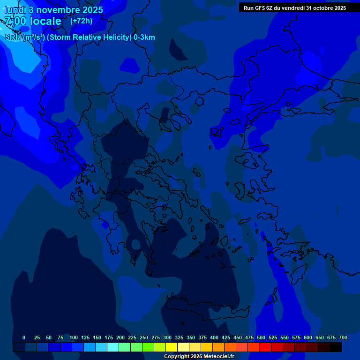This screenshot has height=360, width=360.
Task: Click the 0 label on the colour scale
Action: pyautogui.click(x=24, y=337)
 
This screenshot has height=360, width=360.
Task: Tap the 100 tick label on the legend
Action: pyautogui.click(x=74, y=337)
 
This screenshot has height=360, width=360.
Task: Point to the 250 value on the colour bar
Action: pyautogui.click(x=144, y=337)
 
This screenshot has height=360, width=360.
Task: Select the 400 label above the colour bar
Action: pyautogui.click(x=214, y=337)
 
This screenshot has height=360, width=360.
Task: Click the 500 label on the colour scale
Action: pyautogui.click(x=261, y=337)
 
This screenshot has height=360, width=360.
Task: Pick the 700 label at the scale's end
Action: pyautogui.click(x=343, y=337)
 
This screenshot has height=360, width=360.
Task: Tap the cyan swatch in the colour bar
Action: pyautogui.click(x=113, y=347)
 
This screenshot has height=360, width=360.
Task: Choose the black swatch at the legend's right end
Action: pyautogui.click(x=336, y=347)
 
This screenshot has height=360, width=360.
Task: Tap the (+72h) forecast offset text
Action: pyautogui.click(x=81, y=21)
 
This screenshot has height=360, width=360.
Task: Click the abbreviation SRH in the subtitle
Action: pyautogui.click(x=13, y=37)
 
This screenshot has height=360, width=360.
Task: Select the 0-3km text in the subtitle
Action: pyautogui.click(x=144, y=37)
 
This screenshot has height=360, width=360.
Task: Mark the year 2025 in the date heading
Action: pyautogui.click(x=92, y=10)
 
